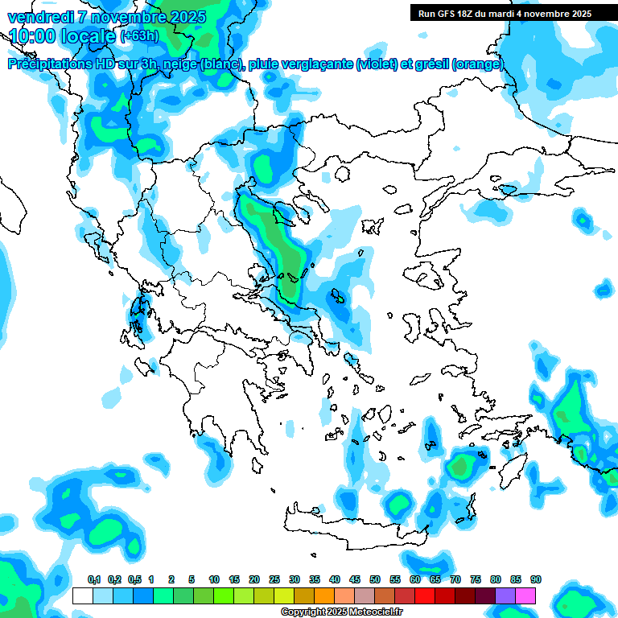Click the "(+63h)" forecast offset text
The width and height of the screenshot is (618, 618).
(139, 36)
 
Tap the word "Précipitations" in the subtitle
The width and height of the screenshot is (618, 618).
(48, 64)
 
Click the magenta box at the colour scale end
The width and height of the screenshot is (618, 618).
(525, 596)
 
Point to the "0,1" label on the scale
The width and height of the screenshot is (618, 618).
(93, 580)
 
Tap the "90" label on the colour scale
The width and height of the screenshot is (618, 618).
(536, 580)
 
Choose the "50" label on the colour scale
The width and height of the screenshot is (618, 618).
(375, 580)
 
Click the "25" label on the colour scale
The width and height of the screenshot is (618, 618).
(274, 580)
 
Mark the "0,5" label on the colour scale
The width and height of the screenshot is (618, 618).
(134, 580)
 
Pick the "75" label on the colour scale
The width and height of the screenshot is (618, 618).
(476, 580)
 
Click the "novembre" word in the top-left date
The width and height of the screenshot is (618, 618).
(132, 16)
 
